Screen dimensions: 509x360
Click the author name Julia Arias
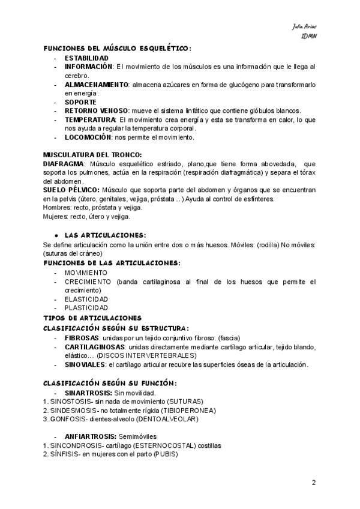pos(305,27)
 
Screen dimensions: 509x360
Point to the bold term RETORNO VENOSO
pos(96,111)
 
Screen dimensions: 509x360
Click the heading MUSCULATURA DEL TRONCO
pos(93,155)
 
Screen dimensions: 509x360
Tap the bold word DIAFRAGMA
pos(64,164)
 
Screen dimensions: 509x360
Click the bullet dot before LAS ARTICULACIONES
pos(56,235)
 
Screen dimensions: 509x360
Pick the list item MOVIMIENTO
pos(86,273)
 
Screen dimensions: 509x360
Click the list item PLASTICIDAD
pos(86,308)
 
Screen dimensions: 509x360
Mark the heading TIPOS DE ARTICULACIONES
pos(92,317)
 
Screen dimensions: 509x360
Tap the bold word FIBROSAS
pos(83,338)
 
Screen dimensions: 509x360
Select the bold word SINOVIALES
pos(86,364)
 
